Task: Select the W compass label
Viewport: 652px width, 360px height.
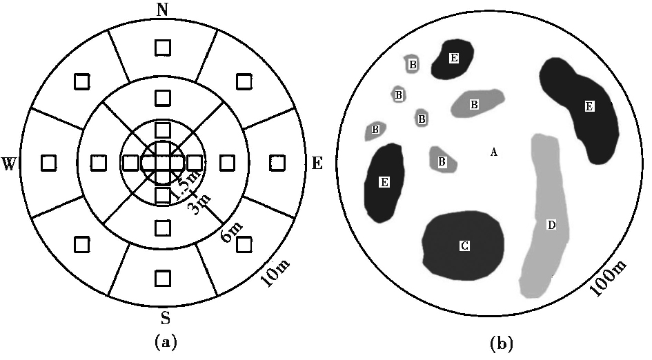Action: (x=10, y=163)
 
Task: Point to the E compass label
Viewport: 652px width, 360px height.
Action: (x=317, y=163)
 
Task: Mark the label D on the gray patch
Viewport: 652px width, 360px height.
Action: (x=551, y=225)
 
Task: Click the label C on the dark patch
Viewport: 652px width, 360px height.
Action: (x=464, y=245)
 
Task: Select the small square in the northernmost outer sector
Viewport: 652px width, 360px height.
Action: (x=162, y=47)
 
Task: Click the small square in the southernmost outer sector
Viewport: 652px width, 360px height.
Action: (x=162, y=278)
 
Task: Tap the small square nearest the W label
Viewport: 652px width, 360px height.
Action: (x=48, y=163)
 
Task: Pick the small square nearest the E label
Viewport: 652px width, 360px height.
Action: (x=277, y=163)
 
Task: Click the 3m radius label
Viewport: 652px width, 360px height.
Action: (x=201, y=206)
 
